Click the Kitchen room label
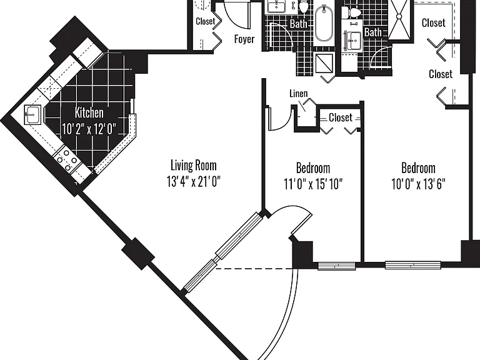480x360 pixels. [x=89, y=112]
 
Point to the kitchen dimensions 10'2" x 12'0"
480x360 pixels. [x=89, y=129]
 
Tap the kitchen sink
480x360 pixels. [x=32, y=115]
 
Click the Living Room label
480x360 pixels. [x=194, y=165]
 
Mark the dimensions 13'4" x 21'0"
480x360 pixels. [x=194, y=181]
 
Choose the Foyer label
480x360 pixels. [x=244, y=39]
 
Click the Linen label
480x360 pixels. [x=299, y=93]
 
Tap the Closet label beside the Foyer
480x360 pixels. [x=206, y=21]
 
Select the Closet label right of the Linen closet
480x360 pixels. [x=341, y=117]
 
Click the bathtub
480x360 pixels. [x=324, y=24]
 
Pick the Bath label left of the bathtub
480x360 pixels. [x=299, y=24]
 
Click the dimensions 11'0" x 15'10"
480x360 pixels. [x=313, y=184]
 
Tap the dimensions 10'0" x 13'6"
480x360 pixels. [x=418, y=184]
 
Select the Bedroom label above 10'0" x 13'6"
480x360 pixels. [x=418, y=168]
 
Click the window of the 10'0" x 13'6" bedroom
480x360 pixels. [x=412, y=265]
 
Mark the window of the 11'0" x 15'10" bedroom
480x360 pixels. [x=336, y=266]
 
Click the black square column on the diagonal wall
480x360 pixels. [x=138, y=254]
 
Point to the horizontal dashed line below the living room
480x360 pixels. [x=255, y=269]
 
